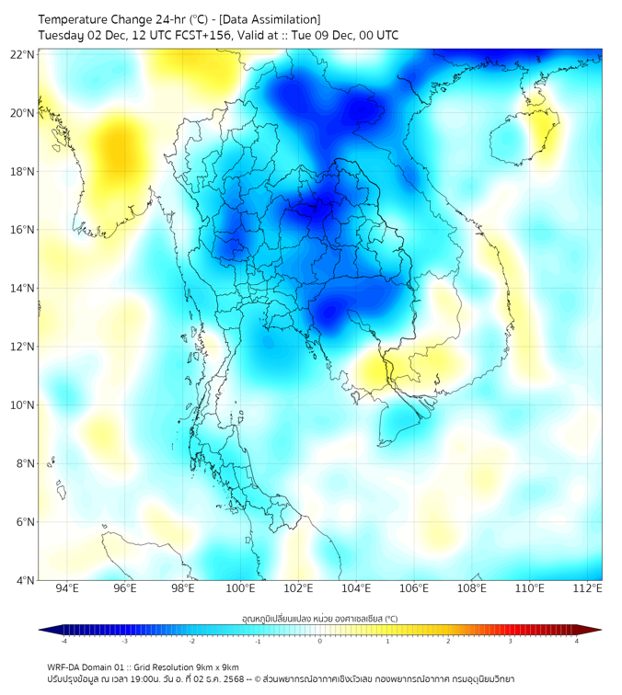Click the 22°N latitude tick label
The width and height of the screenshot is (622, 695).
point(23,54)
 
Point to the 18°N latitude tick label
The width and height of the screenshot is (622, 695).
point(23,171)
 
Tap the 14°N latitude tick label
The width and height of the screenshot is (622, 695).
point(23,288)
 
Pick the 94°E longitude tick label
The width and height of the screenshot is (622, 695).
point(67,588)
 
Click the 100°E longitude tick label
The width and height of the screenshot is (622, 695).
point(241,588)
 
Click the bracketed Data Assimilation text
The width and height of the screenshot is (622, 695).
point(271,18)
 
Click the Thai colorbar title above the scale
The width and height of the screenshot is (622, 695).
point(319,619)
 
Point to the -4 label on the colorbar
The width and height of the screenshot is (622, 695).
point(63,642)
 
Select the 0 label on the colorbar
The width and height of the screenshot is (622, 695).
point(320,642)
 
